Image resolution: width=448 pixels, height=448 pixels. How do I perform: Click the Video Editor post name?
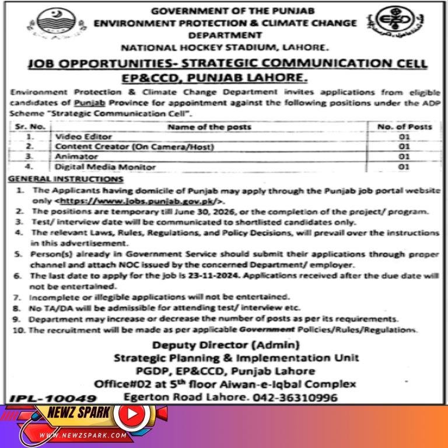tap(78, 136)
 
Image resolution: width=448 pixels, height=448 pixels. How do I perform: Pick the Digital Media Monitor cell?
tap(97, 167)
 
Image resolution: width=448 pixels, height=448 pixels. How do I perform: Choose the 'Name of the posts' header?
tap(209, 126)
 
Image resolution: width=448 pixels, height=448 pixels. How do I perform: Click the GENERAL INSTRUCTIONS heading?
tap(66, 178)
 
